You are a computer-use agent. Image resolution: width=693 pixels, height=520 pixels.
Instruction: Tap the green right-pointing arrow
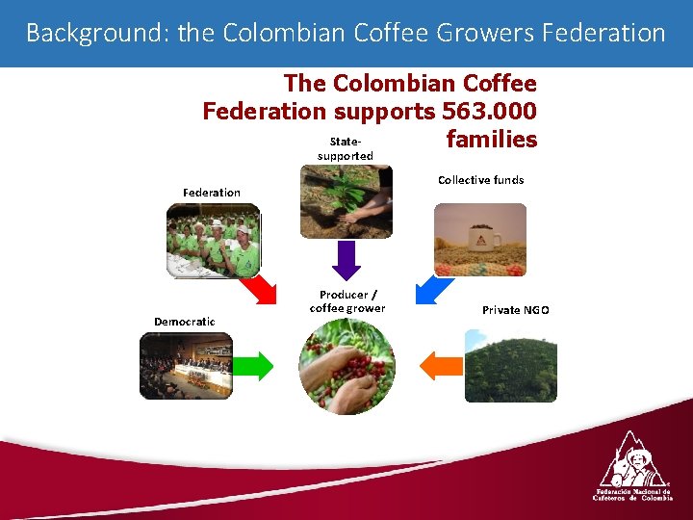pos(253,366)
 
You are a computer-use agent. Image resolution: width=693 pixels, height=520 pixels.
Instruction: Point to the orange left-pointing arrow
pos(442,366)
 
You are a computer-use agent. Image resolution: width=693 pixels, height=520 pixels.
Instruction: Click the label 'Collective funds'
pos(480,180)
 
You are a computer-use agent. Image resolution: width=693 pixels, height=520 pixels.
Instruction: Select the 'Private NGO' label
pos(516,310)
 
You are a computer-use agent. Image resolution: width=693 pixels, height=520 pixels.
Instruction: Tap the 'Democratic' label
pos(185,321)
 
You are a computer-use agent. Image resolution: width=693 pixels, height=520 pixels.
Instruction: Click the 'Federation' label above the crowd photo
pos(212,193)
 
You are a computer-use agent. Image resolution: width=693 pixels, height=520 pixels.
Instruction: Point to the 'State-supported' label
pos(345,148)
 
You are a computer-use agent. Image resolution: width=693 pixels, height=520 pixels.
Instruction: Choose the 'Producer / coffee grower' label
pos(347,301)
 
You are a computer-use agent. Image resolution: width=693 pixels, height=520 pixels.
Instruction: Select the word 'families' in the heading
pos(492,140)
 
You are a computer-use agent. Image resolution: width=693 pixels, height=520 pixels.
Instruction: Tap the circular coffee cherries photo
pos(346,367)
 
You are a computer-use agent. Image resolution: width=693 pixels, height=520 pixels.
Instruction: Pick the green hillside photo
pos(510,366)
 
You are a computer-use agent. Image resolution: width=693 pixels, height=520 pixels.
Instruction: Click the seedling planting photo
pos(346,201)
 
